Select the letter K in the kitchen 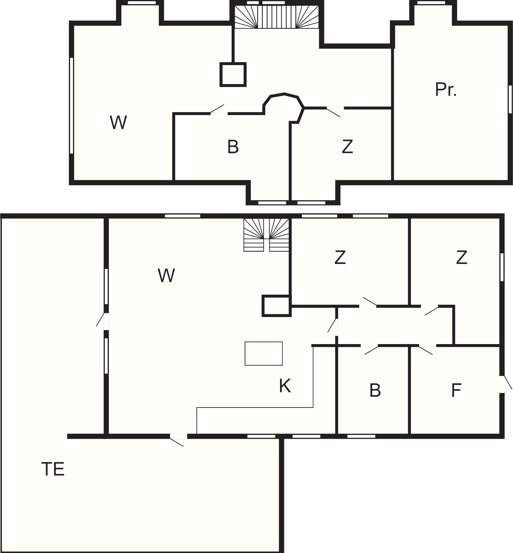point(285,386)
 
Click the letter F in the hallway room point(456,390)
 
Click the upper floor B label point(233,147)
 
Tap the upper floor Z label point(347,146)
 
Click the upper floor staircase point(276,17)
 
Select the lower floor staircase point(266,235)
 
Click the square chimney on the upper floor point(233,75)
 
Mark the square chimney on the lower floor point(276,306)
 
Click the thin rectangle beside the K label point(264,353)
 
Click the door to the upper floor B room point(219,110)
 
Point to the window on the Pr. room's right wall point(510,99)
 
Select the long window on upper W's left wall point(72,105)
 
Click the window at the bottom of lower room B point(361,436)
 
